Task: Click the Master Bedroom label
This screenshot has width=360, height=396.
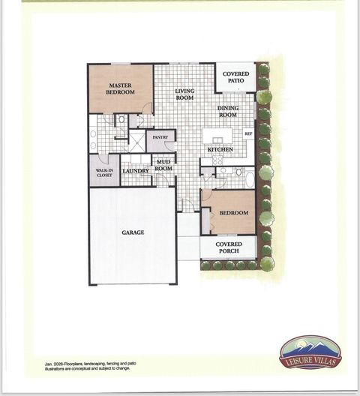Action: tap(120, 88)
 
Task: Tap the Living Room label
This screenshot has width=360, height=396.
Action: tap(184, 95)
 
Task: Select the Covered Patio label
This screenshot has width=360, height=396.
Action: tap(235, 77)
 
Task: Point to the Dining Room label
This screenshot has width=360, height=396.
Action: tap(228, 112)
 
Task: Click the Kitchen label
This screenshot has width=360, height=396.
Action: tap(220, 150)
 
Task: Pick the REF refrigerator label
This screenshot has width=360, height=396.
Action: tap(247, 134)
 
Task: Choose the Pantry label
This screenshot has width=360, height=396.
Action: tap(160, 137)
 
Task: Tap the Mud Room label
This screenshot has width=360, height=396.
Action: tap(163, 165)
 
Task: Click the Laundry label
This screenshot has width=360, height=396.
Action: tap(136, 171)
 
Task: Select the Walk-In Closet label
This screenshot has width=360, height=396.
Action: tap(104, 172)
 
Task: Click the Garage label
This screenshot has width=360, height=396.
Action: tap(133, 232)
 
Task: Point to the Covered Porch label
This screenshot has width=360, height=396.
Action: tap(229, 247)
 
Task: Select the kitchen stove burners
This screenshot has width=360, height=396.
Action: tap(217, 160)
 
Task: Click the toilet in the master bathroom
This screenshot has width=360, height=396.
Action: tap(121, 119)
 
